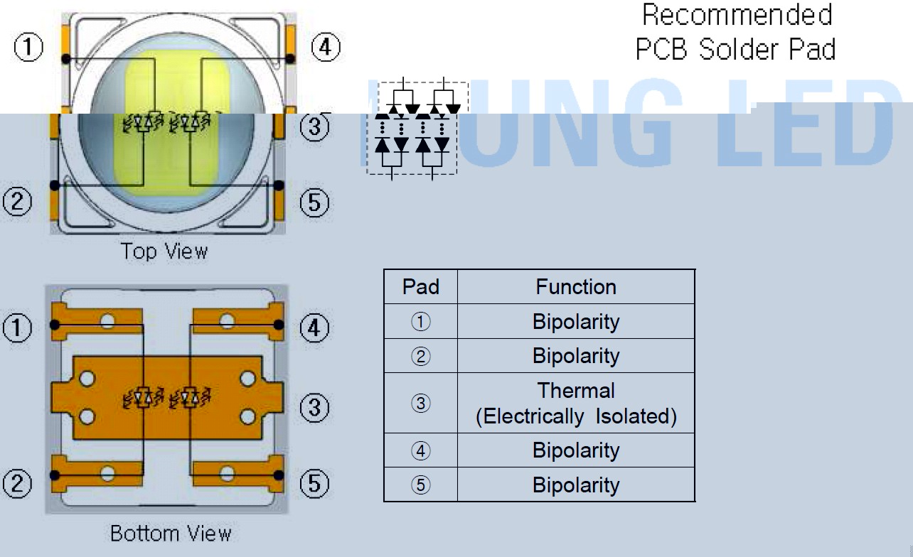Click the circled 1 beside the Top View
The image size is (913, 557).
[28, 48]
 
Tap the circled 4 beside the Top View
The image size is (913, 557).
[326, 48]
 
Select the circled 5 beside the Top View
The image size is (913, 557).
[314, 204]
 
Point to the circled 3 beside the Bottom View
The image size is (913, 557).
[314, 409]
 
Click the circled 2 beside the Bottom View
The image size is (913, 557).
[17, 485]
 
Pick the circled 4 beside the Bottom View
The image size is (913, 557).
[314, 329]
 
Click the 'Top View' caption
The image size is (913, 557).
[164, 252]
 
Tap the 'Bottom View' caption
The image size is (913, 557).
[171, 534]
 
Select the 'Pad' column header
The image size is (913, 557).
[420, 287]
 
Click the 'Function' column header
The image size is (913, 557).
[576, 287]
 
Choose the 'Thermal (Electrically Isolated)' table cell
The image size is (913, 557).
[576, 403]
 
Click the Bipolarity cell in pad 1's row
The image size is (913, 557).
[576, 322]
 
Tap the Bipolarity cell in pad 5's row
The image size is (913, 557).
[576, 485]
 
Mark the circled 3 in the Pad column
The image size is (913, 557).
[421, 404]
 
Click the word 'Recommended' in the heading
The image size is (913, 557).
[737, 16]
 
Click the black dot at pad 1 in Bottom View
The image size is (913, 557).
[54, 325]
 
